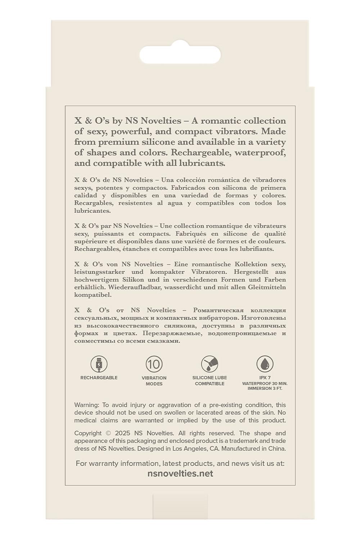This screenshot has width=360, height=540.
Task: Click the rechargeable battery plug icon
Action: [99, 364]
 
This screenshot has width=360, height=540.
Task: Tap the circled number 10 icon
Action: [154, 364]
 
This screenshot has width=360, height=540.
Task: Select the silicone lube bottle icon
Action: [210, 364]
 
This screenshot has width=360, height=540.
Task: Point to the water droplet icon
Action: [265, 364]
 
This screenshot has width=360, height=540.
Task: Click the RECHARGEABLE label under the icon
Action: [99, 378]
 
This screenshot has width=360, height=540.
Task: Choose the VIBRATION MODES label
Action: [154, 381]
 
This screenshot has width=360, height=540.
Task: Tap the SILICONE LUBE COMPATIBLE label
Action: [210, 381]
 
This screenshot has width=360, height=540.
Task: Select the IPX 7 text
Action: [265, 378]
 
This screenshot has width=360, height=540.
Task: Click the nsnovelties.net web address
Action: [180, 474]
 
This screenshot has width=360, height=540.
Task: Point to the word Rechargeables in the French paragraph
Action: [93, 249]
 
